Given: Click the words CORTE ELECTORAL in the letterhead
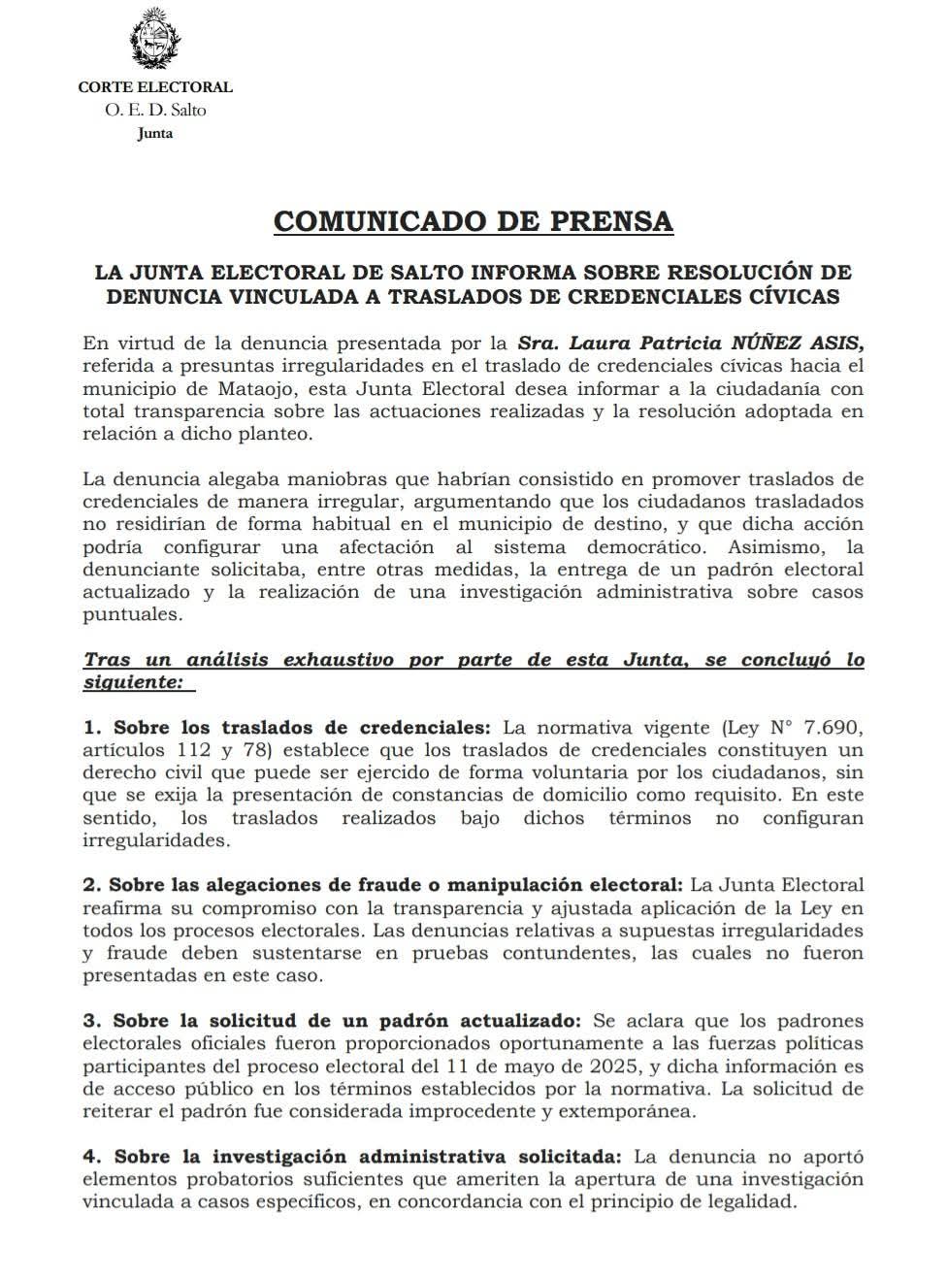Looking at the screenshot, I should [155, 87].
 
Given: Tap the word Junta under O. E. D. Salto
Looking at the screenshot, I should [155, 133].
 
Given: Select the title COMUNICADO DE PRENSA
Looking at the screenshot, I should [474, 221].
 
